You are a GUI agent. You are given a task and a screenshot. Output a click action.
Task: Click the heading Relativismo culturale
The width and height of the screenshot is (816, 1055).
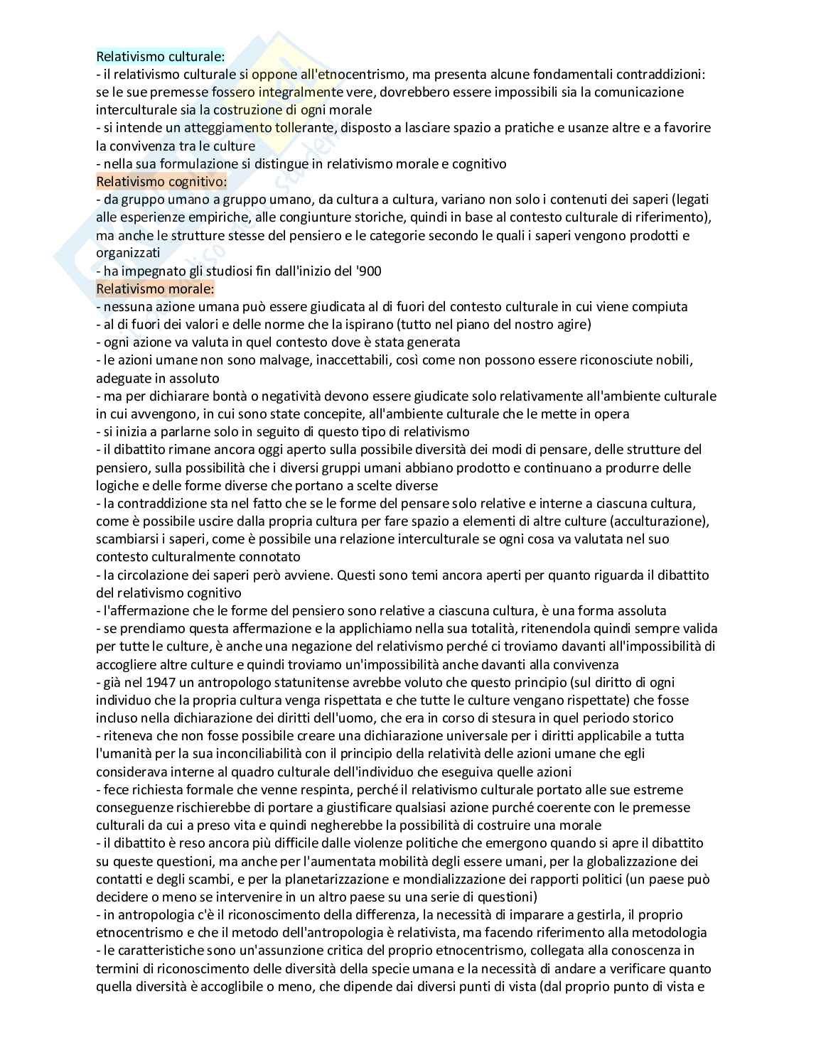pos(161,56)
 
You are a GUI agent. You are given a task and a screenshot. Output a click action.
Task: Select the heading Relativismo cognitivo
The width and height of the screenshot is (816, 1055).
pos(161,181)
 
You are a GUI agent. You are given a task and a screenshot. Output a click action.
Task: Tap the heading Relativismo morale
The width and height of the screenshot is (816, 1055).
pos(155,288)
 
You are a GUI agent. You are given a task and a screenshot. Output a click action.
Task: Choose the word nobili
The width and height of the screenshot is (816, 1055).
pos(673,360)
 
